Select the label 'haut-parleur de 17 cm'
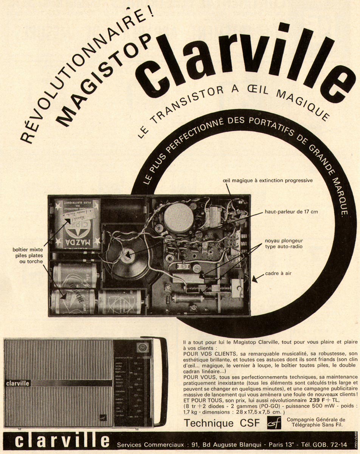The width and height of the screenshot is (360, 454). (291, 211)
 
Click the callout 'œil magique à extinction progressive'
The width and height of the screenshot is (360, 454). (268, 180)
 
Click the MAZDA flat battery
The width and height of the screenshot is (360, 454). (77, 224)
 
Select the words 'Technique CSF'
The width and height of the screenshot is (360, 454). (222, 423)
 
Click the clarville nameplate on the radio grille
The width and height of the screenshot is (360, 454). (18, 383)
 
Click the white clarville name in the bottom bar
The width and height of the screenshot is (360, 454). (62, 442)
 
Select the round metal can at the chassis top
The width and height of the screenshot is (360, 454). (178, 218)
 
